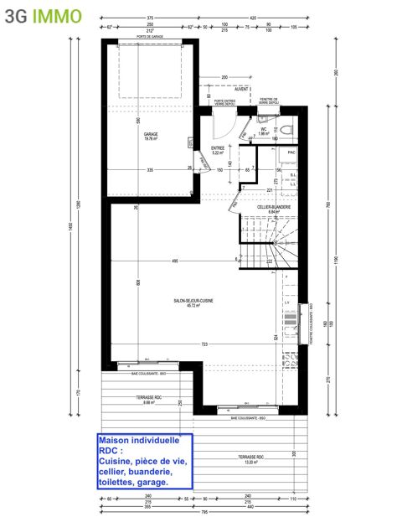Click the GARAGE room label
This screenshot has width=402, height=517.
click(151, 136)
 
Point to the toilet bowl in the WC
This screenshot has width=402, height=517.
click(285, 128)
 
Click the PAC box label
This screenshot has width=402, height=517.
click(291, 153)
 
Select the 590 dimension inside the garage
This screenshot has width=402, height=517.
click(140, 120)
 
